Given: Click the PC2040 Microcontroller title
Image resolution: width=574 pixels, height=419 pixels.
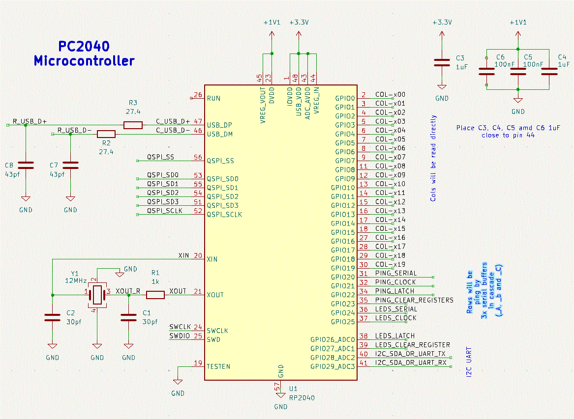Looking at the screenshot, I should (84, 54).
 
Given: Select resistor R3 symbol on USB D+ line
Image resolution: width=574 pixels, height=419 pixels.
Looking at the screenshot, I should (133, 125).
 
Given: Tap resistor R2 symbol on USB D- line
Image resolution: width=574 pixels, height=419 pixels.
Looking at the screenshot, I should (106, 134).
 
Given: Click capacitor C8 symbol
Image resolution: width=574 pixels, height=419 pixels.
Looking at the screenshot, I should (26, 165).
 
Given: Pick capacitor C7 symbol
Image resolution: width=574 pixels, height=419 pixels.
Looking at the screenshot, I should (71, 165).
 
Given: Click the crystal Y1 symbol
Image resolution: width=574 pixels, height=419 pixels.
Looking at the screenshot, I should (97, 295).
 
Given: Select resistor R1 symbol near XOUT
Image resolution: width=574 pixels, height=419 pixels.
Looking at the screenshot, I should (155, 295).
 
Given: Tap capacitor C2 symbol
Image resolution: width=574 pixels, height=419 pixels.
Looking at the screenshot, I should (53, 317).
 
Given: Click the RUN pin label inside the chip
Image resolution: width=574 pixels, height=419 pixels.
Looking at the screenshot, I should (213, 98).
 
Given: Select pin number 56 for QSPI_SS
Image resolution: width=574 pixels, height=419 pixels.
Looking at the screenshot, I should (198, 158).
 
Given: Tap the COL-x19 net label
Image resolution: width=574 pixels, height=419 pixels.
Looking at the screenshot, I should (390, 264).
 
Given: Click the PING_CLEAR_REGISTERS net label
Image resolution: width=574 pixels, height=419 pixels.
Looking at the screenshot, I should (414, 300).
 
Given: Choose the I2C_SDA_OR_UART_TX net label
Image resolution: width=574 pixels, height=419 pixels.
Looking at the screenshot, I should (410, 354).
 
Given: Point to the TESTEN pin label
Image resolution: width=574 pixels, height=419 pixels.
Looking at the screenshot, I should (218, 366).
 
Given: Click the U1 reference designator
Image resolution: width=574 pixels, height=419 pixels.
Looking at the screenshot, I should (293, 388).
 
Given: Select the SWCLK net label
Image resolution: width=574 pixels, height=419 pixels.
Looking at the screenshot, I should (179, 327).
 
